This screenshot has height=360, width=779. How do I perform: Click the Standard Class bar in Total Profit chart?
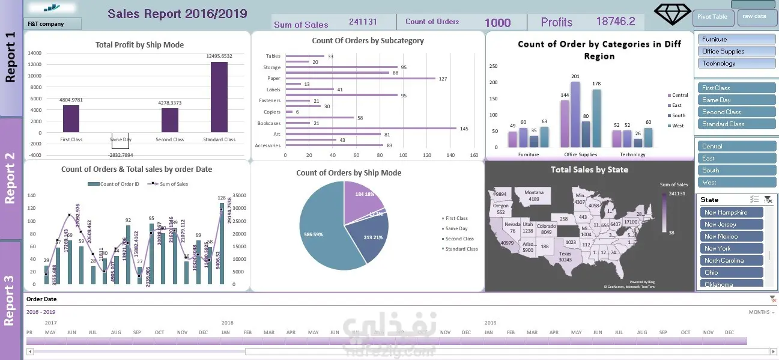(x=219, y=97)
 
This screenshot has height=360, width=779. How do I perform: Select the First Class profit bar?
(x=71, y=118)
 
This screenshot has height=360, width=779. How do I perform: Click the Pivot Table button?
(x=713, y=17)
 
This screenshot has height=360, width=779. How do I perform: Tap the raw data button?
(x=754, y=17)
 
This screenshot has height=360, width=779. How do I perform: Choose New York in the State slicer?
(x=731, y=249)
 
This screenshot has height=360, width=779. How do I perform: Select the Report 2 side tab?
(x=10, y=178)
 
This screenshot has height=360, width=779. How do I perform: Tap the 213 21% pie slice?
(x=372, y=237)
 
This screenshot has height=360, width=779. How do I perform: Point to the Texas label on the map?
(x=565, y=256)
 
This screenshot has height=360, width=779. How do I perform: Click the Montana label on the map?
(x=534, y=195)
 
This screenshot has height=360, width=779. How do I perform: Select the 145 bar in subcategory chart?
(x=371, y=128)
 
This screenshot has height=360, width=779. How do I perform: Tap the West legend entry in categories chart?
(x=677, y=126)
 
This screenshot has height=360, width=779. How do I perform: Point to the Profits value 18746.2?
(x=615, y=22)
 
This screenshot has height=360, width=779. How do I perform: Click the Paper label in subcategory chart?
(x=274, y=79)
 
